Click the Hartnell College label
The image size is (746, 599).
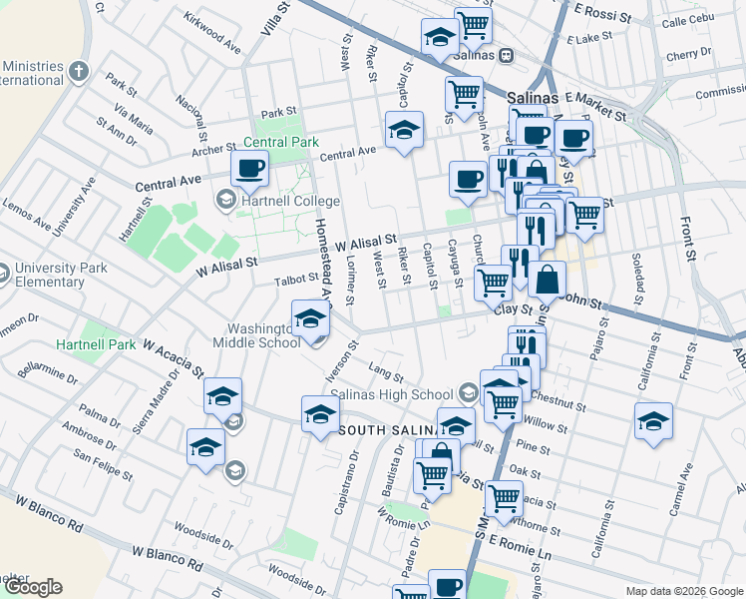[x=288, y=202]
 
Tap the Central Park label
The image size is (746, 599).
[x=281, y=143]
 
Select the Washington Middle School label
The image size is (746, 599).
[x=256, y=335]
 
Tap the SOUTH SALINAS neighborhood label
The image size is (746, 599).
[x=391, y=430]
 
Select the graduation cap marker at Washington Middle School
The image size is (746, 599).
[x=310, y=319]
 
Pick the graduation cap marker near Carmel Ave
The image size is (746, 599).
[x=654, y=420]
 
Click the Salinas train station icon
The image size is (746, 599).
[x=507, y=56]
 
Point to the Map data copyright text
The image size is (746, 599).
[x=684, y=591]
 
